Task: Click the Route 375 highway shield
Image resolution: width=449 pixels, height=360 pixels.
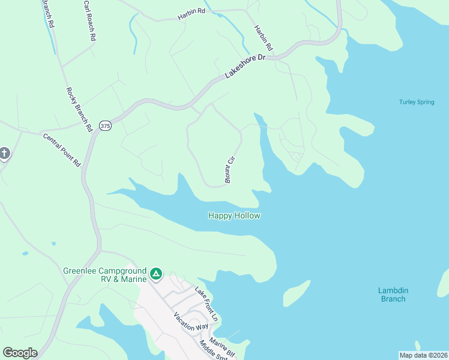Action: pos(106,125)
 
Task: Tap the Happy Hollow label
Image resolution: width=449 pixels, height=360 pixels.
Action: pos(234,215)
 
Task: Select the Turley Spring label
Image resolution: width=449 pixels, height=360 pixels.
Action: pos(417,102)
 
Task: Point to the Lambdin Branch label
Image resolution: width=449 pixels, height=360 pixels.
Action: pos(392,295)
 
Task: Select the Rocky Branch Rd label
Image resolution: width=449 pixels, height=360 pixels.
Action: pos(79,109)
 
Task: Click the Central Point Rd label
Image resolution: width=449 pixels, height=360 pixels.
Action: pos(61,149)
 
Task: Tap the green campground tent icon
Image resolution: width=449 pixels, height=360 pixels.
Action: pos(156,274)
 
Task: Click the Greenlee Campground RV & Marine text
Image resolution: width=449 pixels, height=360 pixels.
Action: pos(105,275)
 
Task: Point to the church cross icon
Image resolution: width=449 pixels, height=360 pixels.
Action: pos(4,154)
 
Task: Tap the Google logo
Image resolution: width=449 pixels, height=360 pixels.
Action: pos(20,353)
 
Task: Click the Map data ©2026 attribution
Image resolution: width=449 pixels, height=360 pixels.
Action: pos(423,355)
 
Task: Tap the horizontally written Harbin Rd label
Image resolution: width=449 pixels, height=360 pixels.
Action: pos(191,18)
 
